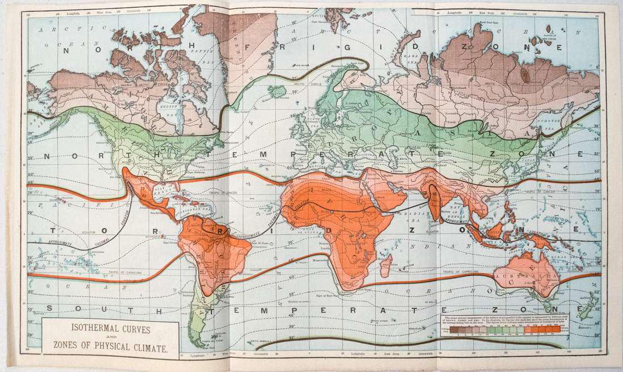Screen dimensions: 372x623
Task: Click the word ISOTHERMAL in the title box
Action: tap(90, 327)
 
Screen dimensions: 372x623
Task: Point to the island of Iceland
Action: tap(277, 90)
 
